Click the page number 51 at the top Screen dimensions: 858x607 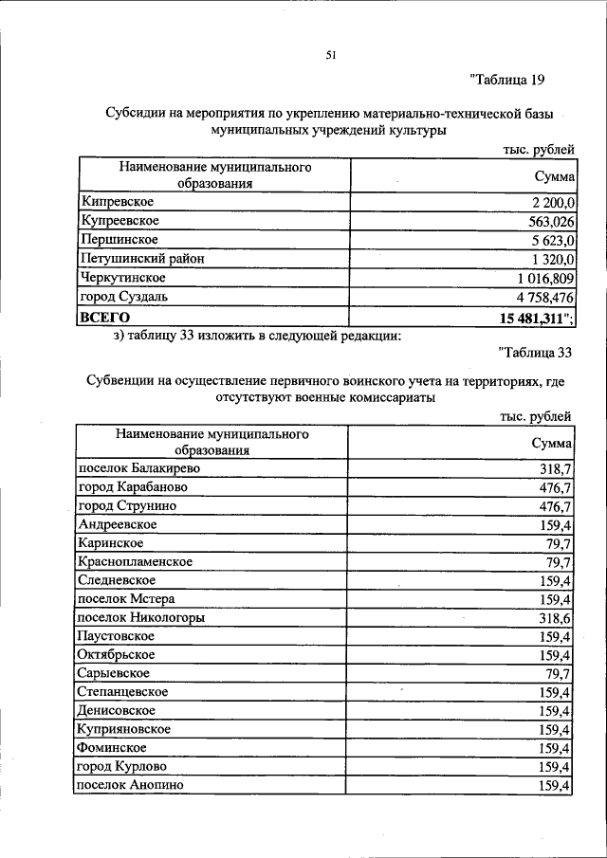point(332,55)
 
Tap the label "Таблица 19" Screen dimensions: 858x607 point(506,80)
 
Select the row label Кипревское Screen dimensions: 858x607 point(119,201)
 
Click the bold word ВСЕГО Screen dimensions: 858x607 point(105,316)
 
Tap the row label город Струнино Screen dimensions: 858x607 point(127,505)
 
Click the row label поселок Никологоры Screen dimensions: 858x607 point(140,617)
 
